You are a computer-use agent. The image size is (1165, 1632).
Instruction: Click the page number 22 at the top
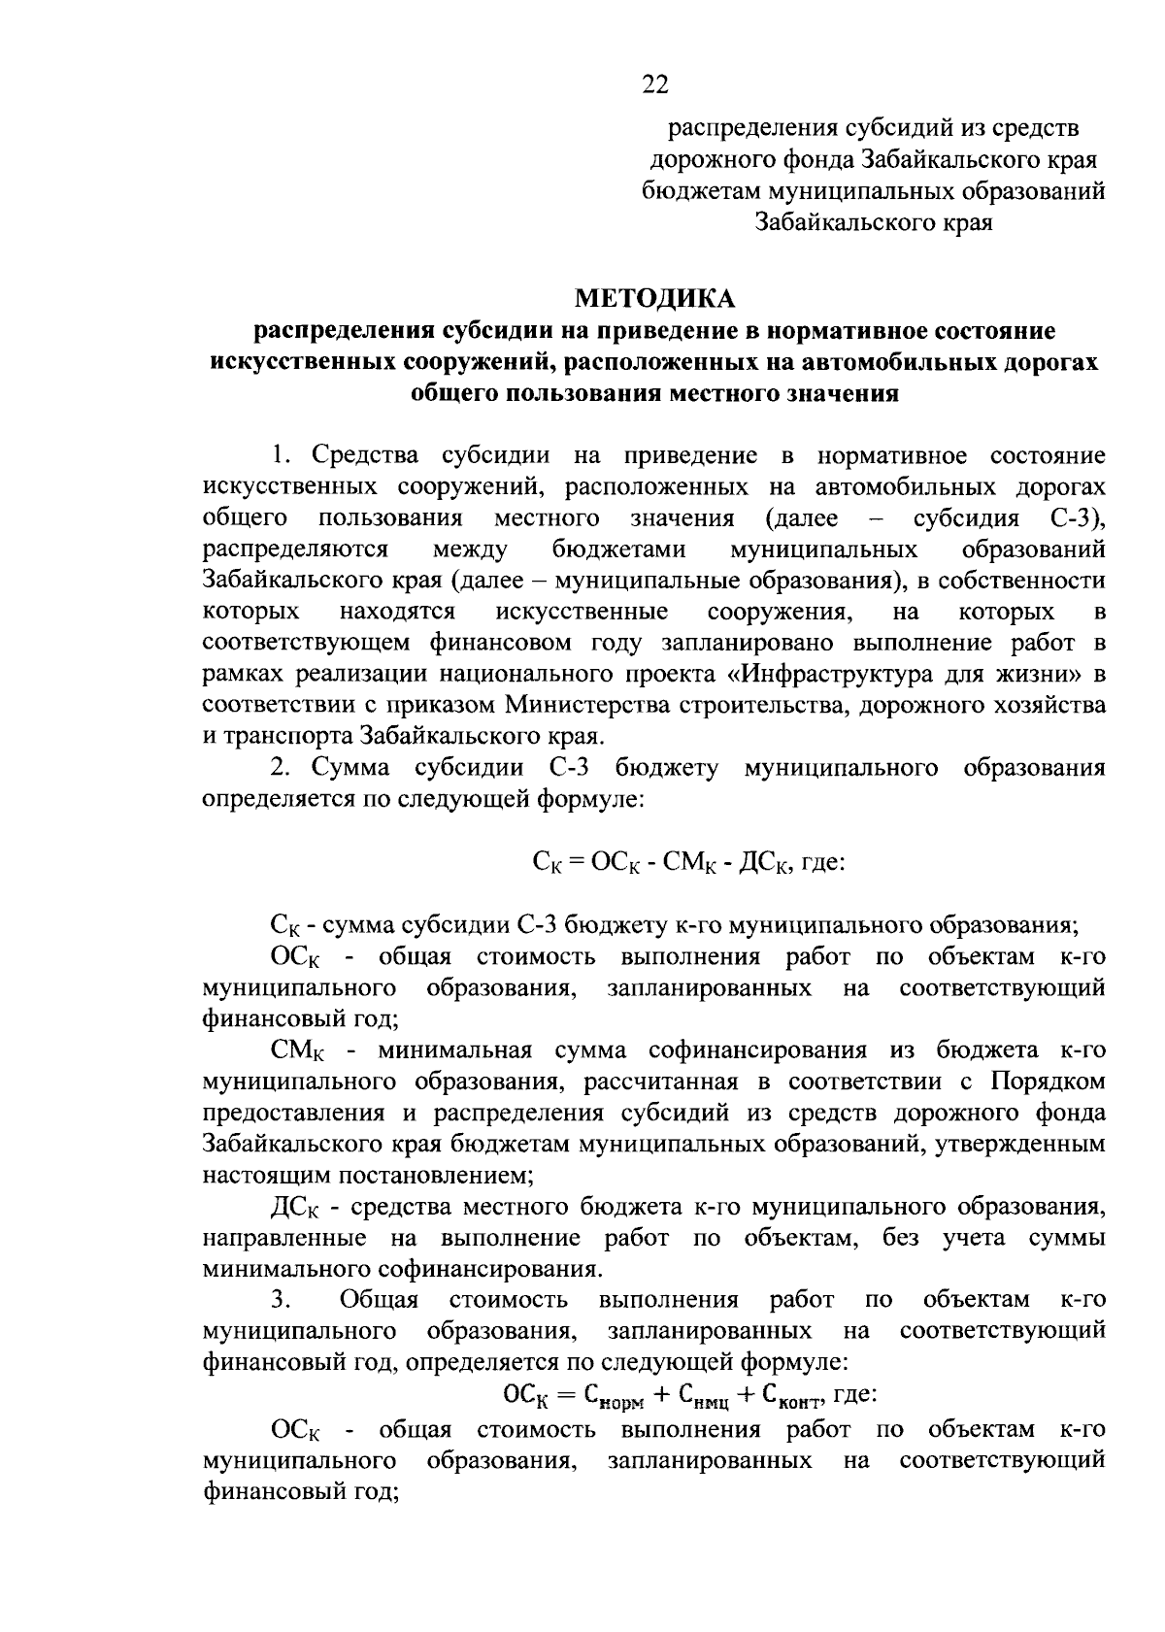[655, 86]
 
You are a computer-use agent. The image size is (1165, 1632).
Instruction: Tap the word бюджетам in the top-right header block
[700, 191]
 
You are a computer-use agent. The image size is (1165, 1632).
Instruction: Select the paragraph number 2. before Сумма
[281, 768]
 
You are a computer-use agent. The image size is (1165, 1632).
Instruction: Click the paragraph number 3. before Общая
[281, 1300]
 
